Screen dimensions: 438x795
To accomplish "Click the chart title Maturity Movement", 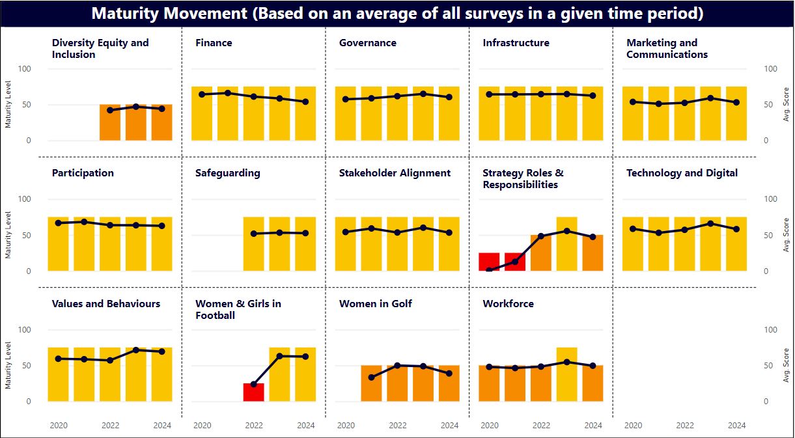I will point(397,14).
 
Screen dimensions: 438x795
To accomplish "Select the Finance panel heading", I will point(214,43).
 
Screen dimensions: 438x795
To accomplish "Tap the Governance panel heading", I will point(367,43).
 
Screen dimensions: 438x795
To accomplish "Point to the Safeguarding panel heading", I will point(227,173).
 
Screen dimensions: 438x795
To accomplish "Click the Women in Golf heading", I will point(375,304).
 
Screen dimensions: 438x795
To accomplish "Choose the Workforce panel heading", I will point(508,304).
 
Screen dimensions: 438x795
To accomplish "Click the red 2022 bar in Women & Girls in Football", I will point(254,392).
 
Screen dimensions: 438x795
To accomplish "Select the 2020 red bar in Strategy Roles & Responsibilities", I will point(489,262).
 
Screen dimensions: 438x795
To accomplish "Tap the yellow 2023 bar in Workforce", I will point(566,374).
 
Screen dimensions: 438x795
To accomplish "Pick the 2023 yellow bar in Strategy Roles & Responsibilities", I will point(566,244).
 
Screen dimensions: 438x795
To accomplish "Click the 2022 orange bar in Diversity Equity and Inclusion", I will point(110,122).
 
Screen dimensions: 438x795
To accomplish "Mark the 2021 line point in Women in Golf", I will point(371,377).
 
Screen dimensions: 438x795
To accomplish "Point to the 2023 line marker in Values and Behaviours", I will point(136,350).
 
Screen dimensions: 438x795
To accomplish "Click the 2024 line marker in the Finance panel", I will point(305,102).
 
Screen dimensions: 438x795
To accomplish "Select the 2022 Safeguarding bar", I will point(254,244).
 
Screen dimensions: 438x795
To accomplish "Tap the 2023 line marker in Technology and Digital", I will point(710,223).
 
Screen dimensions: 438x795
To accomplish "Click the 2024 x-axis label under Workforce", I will point(593,426).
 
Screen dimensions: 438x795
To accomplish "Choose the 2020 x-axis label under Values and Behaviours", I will point(59,426).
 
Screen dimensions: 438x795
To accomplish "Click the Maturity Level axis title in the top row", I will point(8,105).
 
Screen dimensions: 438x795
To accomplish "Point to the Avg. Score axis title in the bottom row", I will point(786,365).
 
